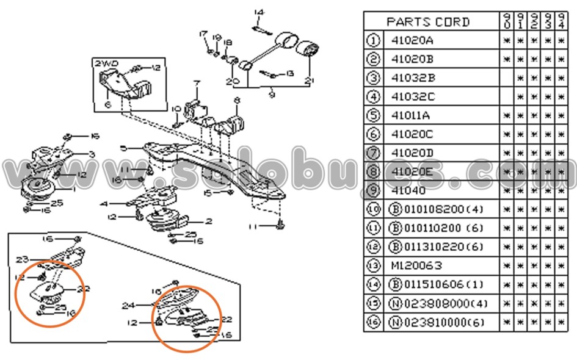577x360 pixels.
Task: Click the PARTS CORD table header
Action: click(427, 22)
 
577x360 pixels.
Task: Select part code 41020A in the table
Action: click(412, 41)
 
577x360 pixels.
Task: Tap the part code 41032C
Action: click(413, 96)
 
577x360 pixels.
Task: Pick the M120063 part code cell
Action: click(416, 265)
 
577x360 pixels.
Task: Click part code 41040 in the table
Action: click(406, 190)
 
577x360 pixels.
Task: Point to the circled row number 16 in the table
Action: click(373, 322)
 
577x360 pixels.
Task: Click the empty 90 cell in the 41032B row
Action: click(507, 78)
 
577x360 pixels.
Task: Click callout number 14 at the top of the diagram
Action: click(258, 12)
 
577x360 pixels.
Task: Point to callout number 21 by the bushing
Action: click(310, 81)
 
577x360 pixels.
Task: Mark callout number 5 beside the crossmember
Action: click(123, 148)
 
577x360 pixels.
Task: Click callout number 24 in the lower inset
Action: click(127, 306)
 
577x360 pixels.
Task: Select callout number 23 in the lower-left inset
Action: click(23, 259)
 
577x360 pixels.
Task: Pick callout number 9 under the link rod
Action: click(272, 95)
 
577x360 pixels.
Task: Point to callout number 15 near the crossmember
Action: click(208, 193)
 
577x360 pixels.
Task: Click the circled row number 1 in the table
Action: click(373, 41)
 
